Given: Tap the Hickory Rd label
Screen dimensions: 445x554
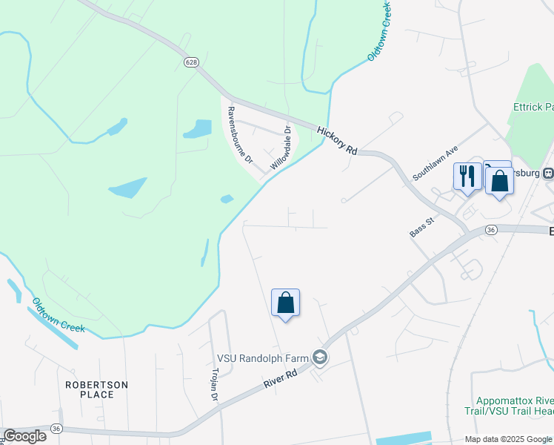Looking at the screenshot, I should pyautogui.click(x=337, y=140).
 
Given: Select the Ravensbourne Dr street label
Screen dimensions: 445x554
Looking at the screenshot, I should pyautogui.click(x=240, y=135).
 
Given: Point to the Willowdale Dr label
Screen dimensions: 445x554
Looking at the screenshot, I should pyautogui.click(x=281, y=148).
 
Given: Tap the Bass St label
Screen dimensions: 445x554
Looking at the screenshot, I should pyautogui.click(x=421, y=227).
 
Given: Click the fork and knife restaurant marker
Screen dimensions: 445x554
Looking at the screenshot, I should pyautogui.click(x=467, y=177).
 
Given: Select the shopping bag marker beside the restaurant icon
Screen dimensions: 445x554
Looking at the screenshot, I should pyautogui.click(x=500, y=180).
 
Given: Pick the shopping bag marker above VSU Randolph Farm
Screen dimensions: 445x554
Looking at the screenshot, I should pyautogui.click(x=285, y=303).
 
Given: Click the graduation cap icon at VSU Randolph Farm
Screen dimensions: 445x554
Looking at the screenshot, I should pyautogui.click(x=320, y=357).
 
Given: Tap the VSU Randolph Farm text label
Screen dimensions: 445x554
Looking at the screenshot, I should pyautogui.click(x=262, y=357).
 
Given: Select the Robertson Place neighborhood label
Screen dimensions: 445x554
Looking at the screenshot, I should pyautogui.click(x=97, y=389).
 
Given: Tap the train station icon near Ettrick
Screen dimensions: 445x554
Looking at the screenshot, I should pyautogui.click(x=549, y=174).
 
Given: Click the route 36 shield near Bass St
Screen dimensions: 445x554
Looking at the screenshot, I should pyautogui.click(x=491, y=231).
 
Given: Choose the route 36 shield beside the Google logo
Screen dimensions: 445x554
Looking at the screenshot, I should pyautogui.click(x=56, y=428).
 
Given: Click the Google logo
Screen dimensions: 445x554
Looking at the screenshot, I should pyautogui.click(x=24, y=436).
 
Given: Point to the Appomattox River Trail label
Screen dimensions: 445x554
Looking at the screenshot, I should pyautogui.click(x=515, y=405).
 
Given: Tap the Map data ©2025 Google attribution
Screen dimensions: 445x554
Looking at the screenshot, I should pyautogui.click(x=507, y=439).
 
